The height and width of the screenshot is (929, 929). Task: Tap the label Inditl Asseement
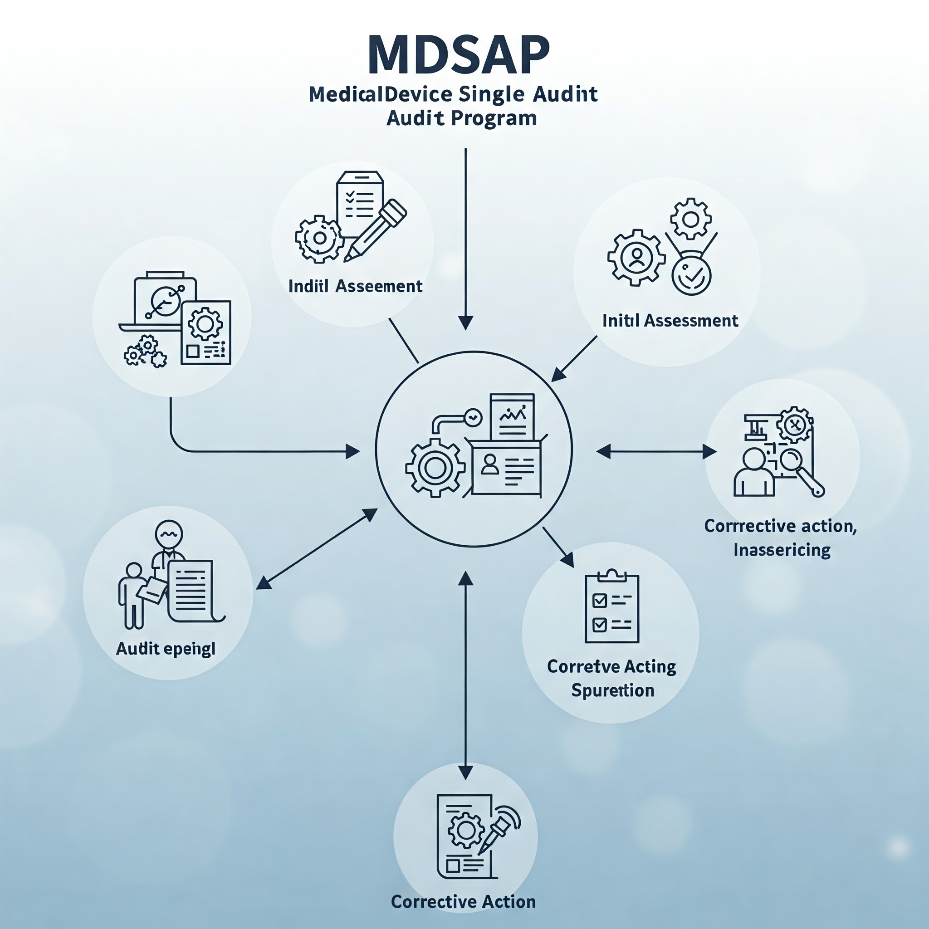click(x=355, y=286)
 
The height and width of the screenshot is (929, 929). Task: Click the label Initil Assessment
click(x=670, y=320)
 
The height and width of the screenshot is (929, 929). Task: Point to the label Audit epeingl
click(x=166, y=649)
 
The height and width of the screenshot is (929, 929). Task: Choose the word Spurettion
click(x=612, y=690)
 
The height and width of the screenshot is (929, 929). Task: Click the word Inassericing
click(x=782, y=550)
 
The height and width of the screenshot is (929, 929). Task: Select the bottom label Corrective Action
click(x=463, y=902)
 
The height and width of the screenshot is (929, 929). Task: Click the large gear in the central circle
click(x=435, y=468)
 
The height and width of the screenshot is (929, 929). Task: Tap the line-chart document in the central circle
click(x=512, y=416)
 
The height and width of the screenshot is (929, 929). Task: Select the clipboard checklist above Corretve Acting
click(x=611, y=608)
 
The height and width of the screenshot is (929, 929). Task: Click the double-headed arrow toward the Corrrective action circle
click(x=656, y=451)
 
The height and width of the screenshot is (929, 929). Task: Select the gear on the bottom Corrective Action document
click(x=465, y=830)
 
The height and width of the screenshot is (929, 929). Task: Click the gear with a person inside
click(x=636, y=258)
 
